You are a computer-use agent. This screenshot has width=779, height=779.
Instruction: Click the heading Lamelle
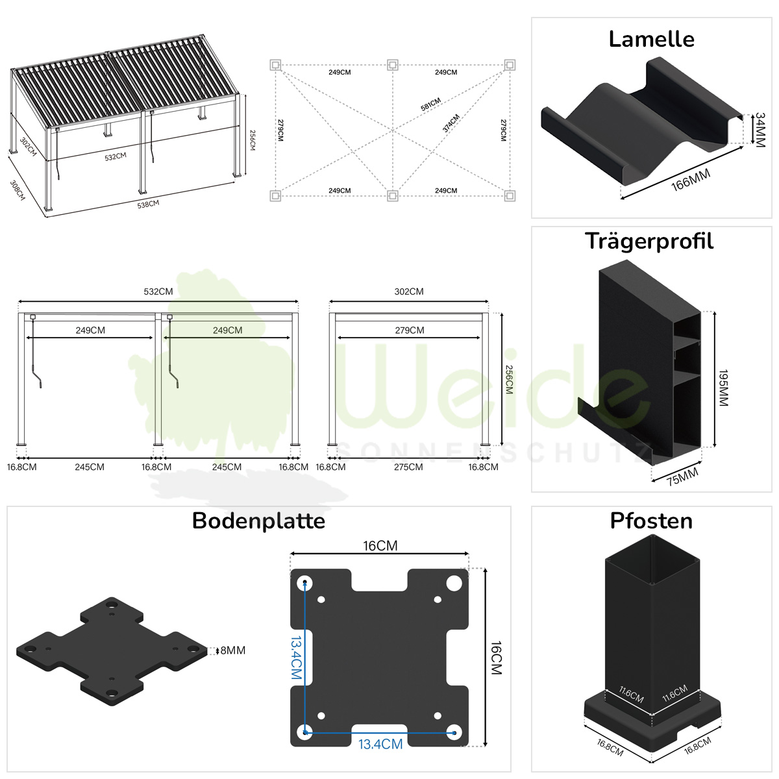pyautogui.click(x=651, y=40)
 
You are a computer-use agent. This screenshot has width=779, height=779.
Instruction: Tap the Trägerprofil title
pyautogui.click(x=649, y=241)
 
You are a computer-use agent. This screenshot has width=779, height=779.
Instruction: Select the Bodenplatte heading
pyautogui.click(x=258, y=521)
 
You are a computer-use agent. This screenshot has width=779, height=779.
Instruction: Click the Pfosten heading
pyautogui.click(x=651, y=521)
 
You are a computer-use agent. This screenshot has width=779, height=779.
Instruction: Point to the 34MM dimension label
pyautogui.click(x=760, y=130)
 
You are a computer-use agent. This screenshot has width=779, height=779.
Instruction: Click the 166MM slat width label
pyautogui.click(x=691, y=180)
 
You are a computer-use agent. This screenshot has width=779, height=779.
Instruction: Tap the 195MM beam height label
pyautogui.click(x=723, y=388)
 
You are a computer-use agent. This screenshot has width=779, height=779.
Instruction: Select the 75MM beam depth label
pyautogui.click(x=682, y=476)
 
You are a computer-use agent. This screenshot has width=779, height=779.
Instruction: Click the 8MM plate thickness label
pyautogui.click(x=233, y=650)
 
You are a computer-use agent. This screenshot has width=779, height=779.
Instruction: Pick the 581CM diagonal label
pyautogui.click(x=430, y=105)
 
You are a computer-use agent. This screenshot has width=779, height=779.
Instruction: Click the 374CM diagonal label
pyautogui.click(x=451, y=123)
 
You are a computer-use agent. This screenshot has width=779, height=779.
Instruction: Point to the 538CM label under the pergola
pyautogui.click(x=148, y=204)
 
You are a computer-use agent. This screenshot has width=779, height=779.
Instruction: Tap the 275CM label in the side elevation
pyautogui.click(x=408, y=467)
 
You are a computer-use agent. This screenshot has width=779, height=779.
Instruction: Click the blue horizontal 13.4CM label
pyautogui.click(x=380, y=744)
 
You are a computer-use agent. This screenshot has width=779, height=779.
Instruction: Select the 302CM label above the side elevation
pyautogui.click(x=409, y=291)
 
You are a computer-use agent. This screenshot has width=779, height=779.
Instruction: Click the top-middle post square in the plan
pyautogui.click(x=392, y=65)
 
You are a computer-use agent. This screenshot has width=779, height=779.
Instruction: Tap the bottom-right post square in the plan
pyautogui.click(x=510, y=196)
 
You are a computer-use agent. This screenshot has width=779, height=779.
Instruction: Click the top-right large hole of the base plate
pyautogui.click(x=454, y=584)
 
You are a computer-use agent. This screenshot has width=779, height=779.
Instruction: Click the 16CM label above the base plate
pyautogui.click(x=380, y=546)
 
